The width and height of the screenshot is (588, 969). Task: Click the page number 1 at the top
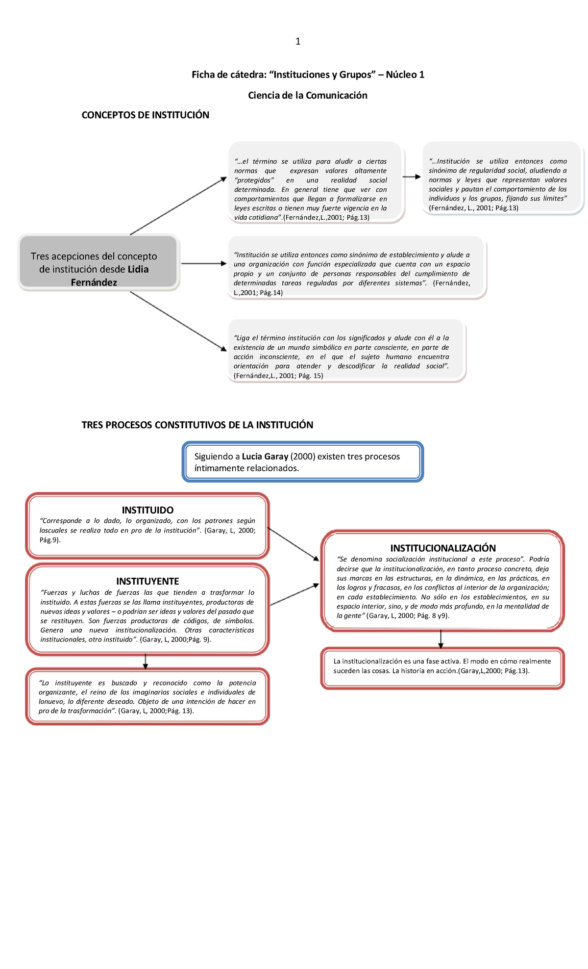(298, 42)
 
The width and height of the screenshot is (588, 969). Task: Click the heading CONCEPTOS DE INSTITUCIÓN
(145, 115)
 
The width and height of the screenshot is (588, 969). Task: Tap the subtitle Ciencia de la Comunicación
(307, 96)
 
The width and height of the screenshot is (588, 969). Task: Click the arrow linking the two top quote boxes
(412, 177)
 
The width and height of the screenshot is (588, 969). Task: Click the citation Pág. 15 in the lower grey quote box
(311, 376)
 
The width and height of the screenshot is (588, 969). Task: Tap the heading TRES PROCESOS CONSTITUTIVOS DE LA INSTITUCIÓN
(197, 425)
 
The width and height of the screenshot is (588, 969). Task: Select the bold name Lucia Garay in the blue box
(265, 457)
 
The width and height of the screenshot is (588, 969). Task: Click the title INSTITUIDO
(147, 510)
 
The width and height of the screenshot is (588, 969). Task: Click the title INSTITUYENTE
(147, 581)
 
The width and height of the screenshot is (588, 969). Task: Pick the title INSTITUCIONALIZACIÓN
(442, 548)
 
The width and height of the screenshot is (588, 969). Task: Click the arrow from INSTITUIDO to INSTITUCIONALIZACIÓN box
(293, 544)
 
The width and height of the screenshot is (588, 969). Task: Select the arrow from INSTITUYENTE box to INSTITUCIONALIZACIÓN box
(294, 594)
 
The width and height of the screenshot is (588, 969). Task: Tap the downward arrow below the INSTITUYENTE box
(145, 661)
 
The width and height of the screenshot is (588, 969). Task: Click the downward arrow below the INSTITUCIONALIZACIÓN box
(441, 638)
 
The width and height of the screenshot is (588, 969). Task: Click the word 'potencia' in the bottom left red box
(242, 683)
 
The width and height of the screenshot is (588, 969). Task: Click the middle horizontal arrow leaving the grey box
(203, 263)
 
